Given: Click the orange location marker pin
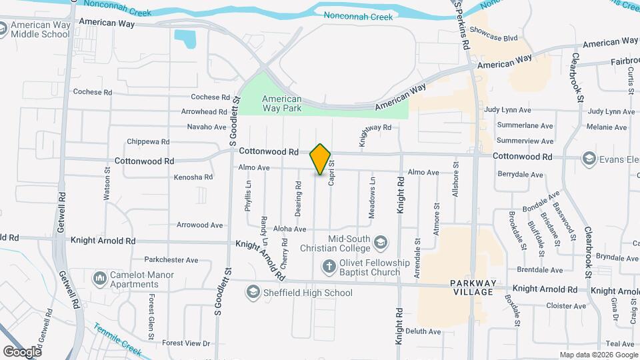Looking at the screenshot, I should point(321,159).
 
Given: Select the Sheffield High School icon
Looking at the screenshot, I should point(253,292).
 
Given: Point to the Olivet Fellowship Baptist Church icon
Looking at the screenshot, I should point(328,267).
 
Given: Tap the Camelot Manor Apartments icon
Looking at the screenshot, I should point(100,277).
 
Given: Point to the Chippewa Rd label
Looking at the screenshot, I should point(149,142).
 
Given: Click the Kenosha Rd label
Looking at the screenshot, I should point(193,177).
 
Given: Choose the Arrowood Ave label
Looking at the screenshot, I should point(199,225).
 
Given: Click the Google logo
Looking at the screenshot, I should point(21,351).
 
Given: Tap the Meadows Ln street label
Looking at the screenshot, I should point(373,197).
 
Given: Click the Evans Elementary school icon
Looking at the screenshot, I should point(589,158).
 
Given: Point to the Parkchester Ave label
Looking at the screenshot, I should point(171,260).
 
